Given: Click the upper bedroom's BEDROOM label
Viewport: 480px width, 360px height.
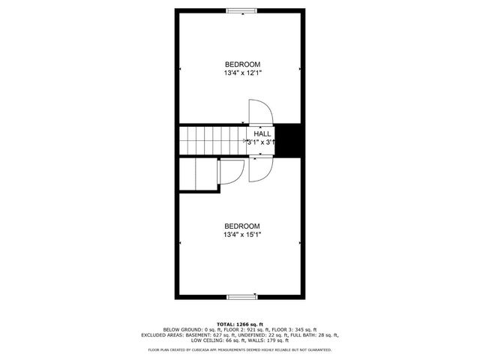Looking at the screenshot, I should coord(241,64).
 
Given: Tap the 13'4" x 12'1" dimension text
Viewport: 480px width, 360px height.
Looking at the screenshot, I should coord(241,73).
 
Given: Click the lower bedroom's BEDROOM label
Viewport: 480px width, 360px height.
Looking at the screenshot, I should coord(241,226).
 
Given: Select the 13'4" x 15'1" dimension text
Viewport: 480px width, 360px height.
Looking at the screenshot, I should coord(241,235).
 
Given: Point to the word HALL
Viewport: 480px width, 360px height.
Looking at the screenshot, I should coord(262,133).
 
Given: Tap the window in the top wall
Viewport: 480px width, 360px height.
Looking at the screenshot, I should coord(240,10).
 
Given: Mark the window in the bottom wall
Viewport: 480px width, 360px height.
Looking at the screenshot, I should coord(240,295).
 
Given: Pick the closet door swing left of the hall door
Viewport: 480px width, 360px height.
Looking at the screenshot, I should coord(230,172).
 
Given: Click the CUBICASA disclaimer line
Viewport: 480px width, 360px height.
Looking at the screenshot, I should coord(239,349).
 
